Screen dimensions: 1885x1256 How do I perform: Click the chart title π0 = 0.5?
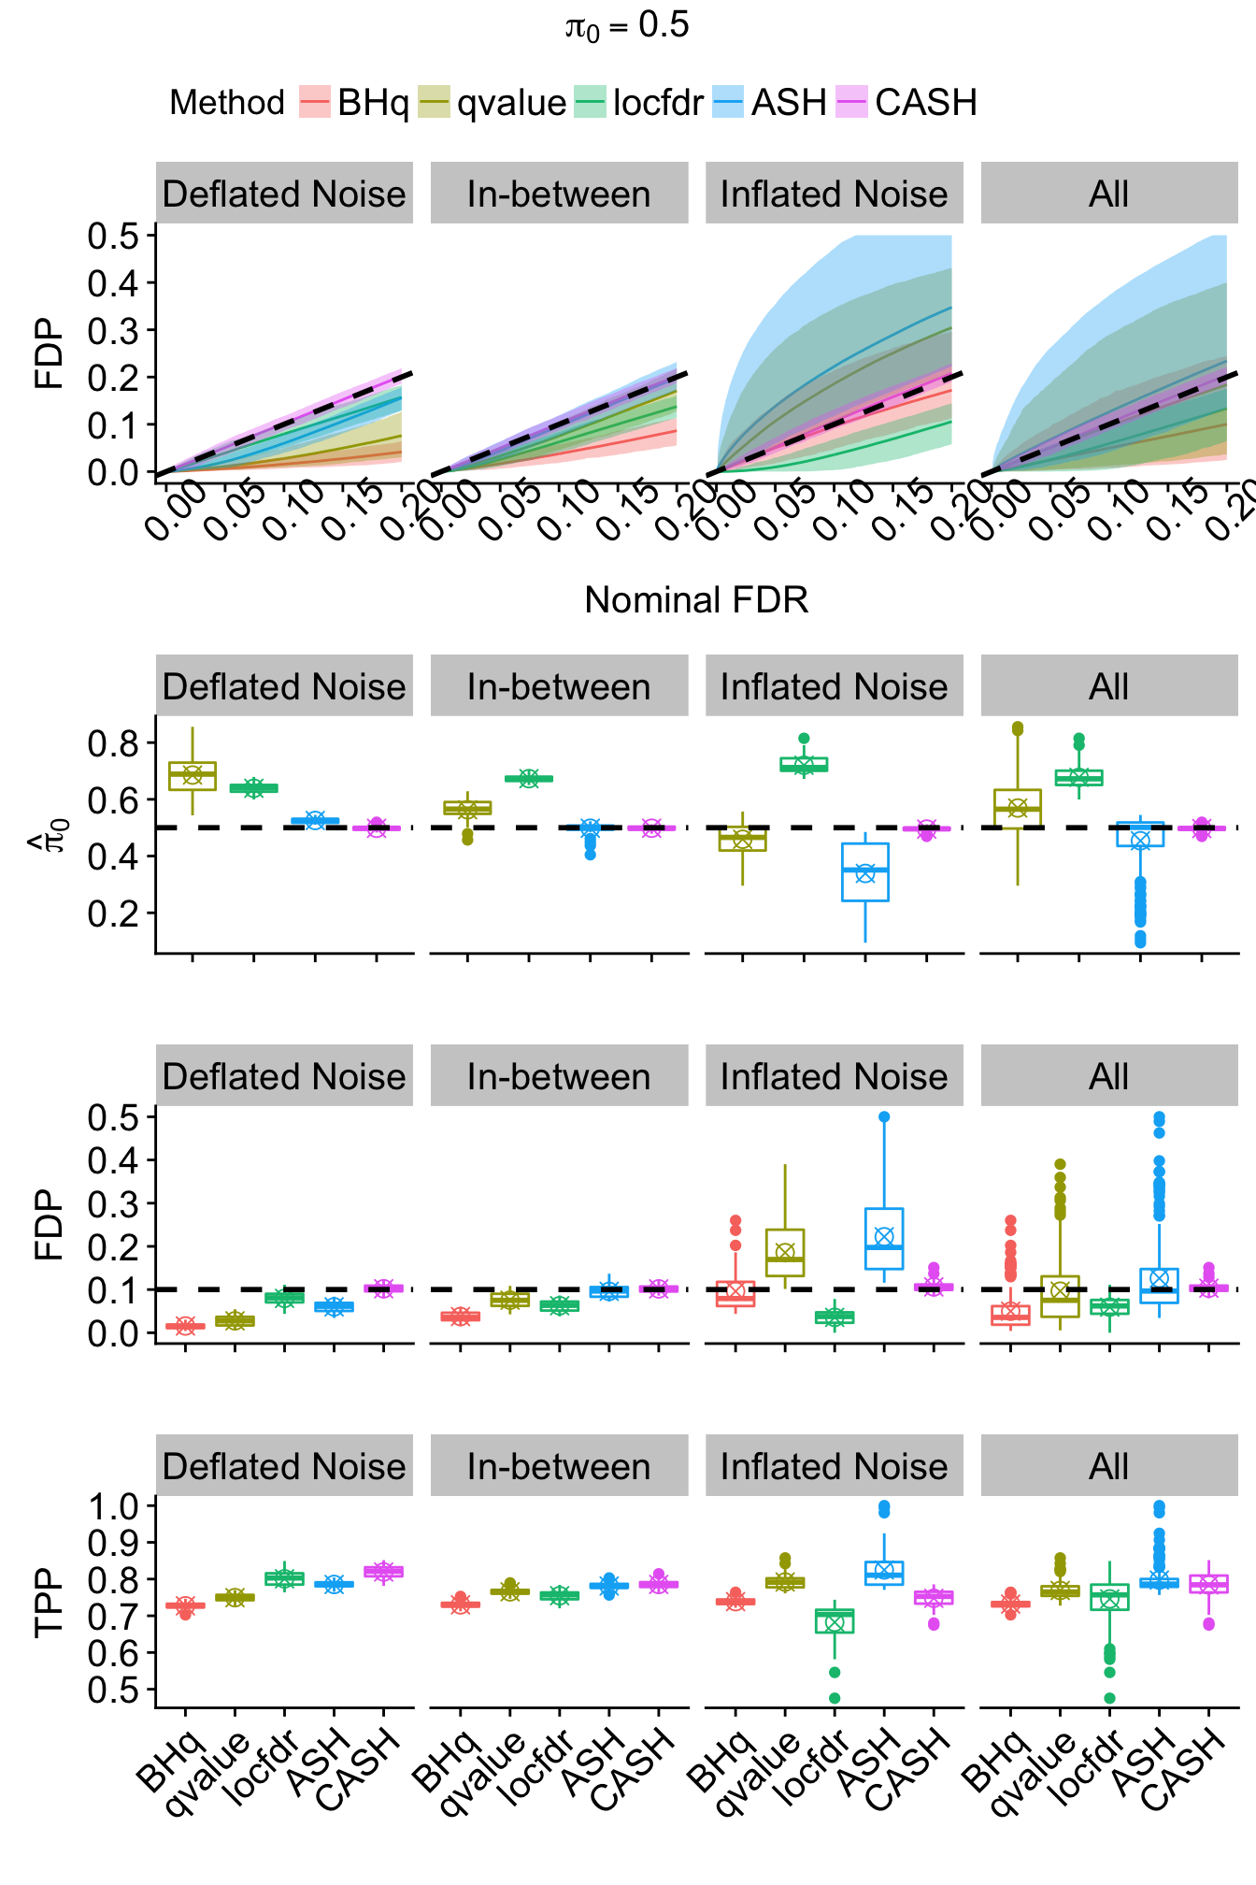point(627,26)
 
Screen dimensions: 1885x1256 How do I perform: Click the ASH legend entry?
point(770,102)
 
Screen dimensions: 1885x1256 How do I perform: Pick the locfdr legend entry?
point(639,102)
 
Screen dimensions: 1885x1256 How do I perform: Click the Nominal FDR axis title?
point(696,600)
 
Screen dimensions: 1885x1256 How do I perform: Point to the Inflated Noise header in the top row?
point(834,194)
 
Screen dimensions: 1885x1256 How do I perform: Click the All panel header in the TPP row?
point(1108,1466)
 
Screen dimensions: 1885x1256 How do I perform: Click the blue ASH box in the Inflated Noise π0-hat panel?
point(865,872)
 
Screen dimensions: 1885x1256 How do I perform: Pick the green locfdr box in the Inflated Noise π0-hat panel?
point(804,764)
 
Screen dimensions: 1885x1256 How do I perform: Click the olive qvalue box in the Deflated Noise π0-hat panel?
point(193,776)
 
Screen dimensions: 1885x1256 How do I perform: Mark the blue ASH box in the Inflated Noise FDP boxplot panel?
point(884,1239)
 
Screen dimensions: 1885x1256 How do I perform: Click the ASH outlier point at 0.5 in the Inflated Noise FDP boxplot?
point(884,1116)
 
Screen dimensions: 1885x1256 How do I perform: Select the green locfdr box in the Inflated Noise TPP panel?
point(835,1620)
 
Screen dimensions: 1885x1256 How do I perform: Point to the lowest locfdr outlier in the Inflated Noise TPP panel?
point(835,1698)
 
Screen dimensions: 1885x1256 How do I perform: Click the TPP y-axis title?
point(49,1603)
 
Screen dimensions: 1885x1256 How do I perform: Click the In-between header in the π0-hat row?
point(559,686)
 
